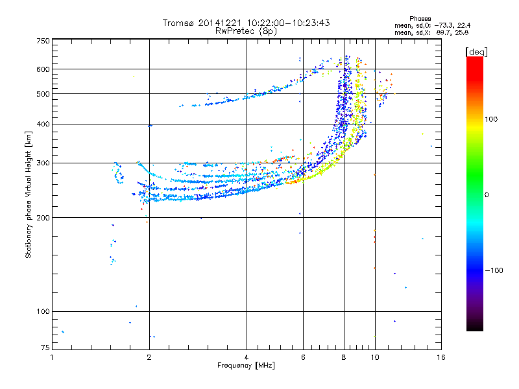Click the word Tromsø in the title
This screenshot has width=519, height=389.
[x=179, y=23]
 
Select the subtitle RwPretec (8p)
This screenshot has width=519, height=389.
[x=246, y=30]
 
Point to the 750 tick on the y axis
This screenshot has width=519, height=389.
[x=43, y=40]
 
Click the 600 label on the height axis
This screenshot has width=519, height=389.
[x=43, y=69]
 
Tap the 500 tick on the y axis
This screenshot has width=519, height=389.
[x=43, y=94]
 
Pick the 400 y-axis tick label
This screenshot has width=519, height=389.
[x=43, y=124]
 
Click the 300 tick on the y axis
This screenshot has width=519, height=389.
[x=43, y=163]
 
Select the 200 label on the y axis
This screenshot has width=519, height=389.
[x=43, y=218]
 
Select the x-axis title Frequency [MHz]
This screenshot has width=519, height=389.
[x=246, y=366]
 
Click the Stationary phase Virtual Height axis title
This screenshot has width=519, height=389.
[x=29, y=194]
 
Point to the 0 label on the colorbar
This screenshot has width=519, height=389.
[x=487, y=194]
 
